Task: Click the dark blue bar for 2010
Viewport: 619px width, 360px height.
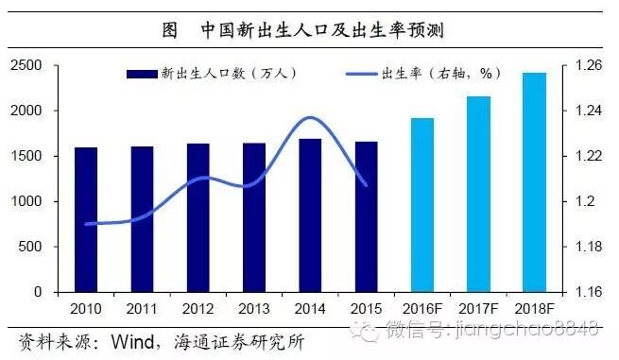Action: pos(86,219)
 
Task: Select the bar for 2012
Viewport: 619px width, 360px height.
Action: pos(198,217)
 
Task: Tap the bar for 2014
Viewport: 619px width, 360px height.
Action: pos(310,215)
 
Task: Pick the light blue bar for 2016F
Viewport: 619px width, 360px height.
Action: pos(421,205)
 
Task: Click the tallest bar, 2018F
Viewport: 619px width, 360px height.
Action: pos(534,181)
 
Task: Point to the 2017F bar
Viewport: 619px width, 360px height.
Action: pos(478,194)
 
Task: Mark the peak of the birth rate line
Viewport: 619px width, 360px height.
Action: pos(310,117)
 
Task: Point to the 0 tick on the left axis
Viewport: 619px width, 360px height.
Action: pos(41,292)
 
